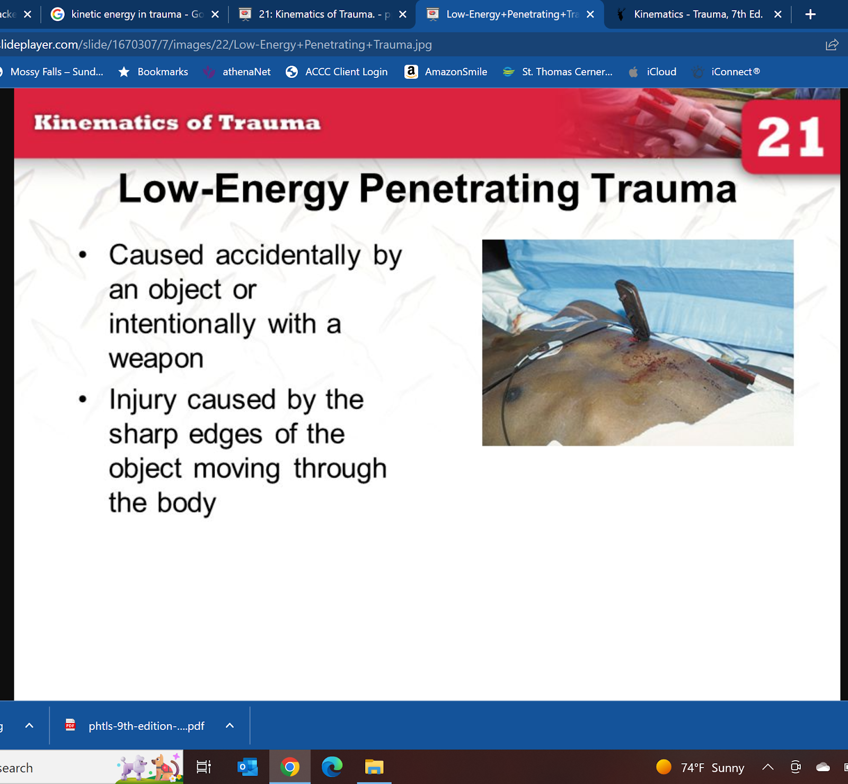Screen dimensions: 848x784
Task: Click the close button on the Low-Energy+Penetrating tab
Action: tap(590, 14)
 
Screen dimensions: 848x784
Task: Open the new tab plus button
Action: tap(810, 14)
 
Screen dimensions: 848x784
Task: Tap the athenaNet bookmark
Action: tap(237, 72)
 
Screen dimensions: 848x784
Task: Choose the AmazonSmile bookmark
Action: tap(446, 72)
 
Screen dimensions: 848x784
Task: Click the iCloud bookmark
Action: tap(652, 72)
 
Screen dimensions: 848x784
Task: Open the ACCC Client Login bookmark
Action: tap(337, 72)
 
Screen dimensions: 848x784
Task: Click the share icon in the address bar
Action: tap(832, 44)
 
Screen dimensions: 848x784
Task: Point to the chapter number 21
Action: tap(790, 137)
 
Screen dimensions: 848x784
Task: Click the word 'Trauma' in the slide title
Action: tap(665, 189)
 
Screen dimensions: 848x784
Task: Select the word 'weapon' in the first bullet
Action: tap(156, 359)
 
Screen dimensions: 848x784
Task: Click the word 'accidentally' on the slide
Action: tap(288, 255)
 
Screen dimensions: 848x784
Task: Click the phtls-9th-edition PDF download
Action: tap(146, 726)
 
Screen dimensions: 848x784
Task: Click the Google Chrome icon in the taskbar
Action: tap(290, 767)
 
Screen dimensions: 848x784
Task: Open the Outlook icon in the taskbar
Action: tap(248, 767)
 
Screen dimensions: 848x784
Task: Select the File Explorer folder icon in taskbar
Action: tap(374, 767)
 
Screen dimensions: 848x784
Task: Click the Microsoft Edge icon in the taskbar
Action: tap(332, 767)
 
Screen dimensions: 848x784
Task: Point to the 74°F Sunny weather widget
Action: tap(700, 768)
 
